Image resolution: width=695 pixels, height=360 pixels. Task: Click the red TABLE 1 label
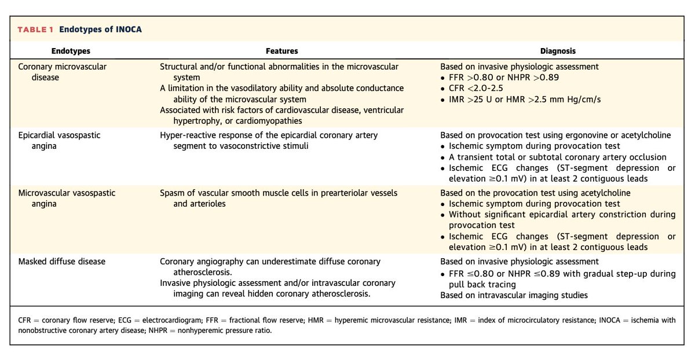pos(38,30)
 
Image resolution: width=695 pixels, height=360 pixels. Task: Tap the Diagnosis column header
pos(558,51)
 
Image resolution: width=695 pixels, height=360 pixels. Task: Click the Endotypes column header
pos(71,51)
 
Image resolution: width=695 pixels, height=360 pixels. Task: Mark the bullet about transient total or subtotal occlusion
pos(558,157)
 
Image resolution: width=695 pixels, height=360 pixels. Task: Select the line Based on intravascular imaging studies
pos(514,295)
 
